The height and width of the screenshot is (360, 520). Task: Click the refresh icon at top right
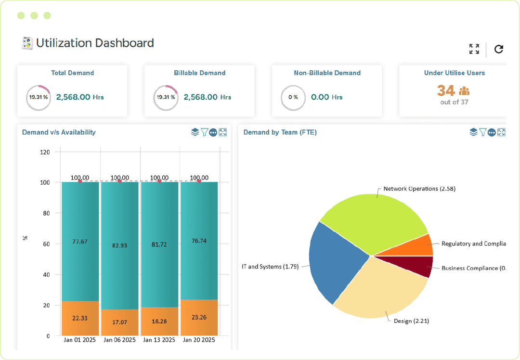tap(499, 49)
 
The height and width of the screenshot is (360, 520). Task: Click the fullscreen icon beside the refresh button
tap(474, 49)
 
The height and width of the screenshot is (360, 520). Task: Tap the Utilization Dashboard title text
tap(95, 43)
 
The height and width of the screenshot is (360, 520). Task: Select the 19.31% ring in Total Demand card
tap(38, 97)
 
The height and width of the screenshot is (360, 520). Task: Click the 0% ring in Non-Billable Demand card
tap(293, 97)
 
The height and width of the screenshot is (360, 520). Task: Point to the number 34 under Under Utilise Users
tap(446, 90)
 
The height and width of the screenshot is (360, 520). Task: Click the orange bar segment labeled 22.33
tap(80, 318)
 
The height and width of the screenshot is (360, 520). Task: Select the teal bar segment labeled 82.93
tap(119, 245)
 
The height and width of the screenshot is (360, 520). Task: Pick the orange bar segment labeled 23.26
tap(199, 317)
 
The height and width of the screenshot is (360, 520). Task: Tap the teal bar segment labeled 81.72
tap(159, 244)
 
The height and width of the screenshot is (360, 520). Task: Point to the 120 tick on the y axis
tap(45, 152)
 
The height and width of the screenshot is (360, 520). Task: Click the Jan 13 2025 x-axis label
tap(159, 340)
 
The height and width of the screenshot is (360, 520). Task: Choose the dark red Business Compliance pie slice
tap(414, 266)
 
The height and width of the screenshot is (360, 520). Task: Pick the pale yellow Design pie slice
tap(380, 289)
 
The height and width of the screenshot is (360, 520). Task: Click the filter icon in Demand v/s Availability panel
tap(204, 132)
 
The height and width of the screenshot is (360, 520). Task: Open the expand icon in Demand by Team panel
tap(501, 132)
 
